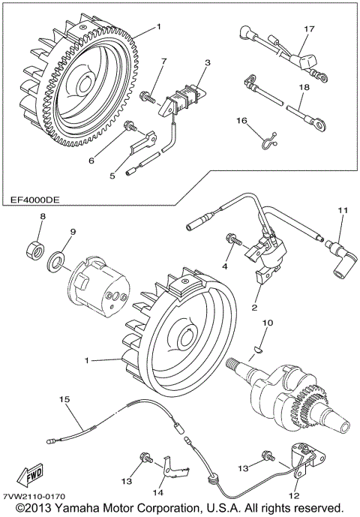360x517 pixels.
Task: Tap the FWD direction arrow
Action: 30,476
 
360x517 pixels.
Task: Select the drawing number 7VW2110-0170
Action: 34,496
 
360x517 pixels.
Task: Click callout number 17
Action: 309,29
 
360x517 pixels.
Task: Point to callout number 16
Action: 241,121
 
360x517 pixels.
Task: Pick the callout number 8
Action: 43,217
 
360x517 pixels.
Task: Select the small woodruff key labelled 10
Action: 256,350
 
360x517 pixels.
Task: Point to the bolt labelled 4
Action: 234,242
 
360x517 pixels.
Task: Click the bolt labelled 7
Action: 147,96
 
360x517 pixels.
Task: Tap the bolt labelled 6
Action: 130,126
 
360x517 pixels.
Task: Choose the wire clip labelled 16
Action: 269,141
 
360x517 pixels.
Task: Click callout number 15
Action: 64,400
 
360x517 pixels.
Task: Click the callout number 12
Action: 294,495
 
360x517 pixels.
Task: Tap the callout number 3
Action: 207,62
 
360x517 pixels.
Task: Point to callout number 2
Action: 254,308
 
